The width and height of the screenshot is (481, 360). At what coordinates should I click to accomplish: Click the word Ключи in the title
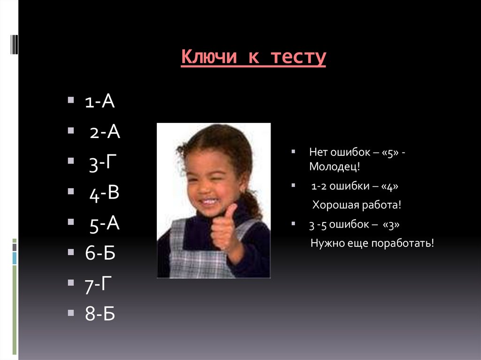point(207,58)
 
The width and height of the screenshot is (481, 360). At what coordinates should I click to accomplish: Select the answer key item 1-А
point(100,101)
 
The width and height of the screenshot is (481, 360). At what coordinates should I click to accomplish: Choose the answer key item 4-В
point(104,194)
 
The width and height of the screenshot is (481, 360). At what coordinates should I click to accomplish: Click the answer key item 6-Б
point(100,253)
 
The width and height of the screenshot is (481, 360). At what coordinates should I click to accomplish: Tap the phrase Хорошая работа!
point(357,206)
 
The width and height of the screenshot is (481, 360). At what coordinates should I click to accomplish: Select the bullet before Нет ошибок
point(293,152)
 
